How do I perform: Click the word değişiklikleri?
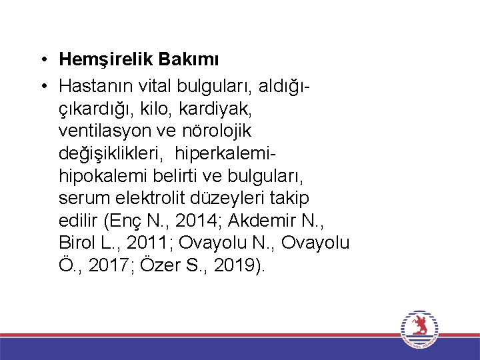coord(113,153)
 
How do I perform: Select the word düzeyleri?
coord(234,198)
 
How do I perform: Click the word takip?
coord(293,198)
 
